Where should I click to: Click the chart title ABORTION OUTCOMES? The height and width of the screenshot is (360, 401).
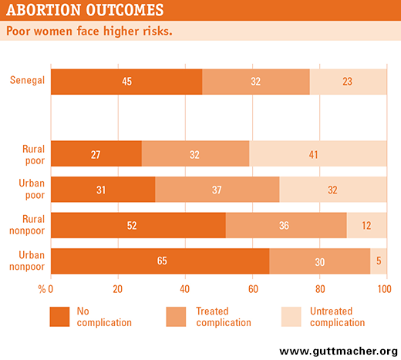pos(85,10)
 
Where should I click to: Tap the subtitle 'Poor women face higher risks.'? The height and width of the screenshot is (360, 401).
pos(89,31)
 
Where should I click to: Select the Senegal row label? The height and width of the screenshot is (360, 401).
pos(27,80)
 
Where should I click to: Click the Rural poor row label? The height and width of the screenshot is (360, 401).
pos(33,155)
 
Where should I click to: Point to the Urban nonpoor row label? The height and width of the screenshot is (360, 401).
pos(27,261)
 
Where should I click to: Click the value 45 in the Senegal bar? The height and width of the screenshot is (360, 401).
pos(127,82)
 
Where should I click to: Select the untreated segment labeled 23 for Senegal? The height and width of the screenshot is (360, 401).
pos(348,82)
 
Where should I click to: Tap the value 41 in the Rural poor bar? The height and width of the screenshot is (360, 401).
pos(313,155)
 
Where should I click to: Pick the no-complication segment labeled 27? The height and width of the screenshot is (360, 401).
pos(96,153)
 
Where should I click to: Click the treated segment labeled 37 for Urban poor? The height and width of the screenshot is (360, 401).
pos(217,190)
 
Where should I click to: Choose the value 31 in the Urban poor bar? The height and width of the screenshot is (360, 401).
pos(101,190)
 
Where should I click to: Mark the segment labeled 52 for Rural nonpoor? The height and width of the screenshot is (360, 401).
pos(138,225)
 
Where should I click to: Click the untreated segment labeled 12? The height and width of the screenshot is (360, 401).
pos(366,225)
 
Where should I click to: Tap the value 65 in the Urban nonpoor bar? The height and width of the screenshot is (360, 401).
pos(162,261)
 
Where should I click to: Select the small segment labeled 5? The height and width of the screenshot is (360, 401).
pos(379,261)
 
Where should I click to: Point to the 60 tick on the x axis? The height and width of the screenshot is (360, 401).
pos(253,289)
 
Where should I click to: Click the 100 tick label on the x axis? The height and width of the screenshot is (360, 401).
pos(384,289)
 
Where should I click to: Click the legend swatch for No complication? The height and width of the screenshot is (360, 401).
pos(59,317)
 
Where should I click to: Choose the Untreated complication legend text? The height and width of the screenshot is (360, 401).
pos(337,317)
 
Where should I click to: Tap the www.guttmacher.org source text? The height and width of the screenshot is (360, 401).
pos(339,352)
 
